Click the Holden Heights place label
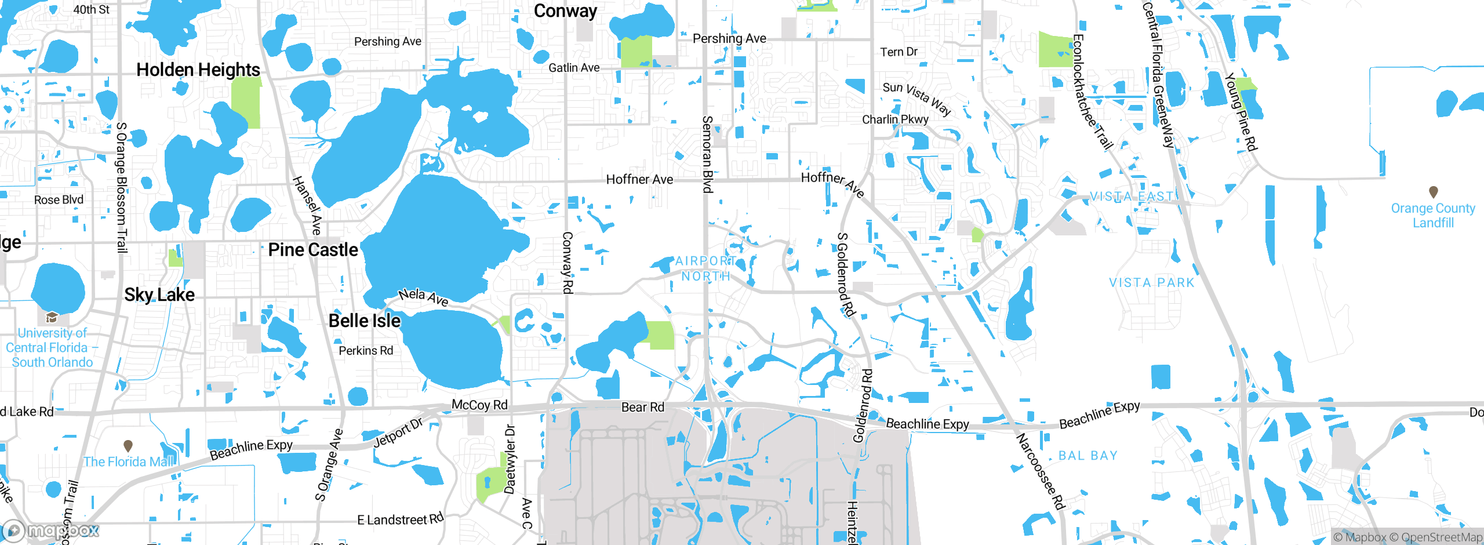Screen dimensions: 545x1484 (x=198, y=70)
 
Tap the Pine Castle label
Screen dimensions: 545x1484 (x=313, y=250)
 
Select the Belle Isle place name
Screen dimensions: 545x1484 (x=365, y=321)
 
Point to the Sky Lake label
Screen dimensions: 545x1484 (x=159, y=295)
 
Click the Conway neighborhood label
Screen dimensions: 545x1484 (x=565, y=11)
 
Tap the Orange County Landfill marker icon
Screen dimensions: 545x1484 (x=1434, y=191)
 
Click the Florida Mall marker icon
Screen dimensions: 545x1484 (x=128, y=445)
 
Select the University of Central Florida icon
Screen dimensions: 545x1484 (x=52, y=317)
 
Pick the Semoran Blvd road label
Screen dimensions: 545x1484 (x=707, y=154)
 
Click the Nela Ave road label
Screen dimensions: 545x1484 (x=424, y=297)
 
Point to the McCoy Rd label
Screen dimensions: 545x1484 (x=479, y=405)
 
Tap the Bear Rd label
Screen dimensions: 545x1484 (x=642, y=407)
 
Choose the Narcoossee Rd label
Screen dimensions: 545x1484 (x=1041, y=471)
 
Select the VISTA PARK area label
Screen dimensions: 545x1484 (x=1152, y=283)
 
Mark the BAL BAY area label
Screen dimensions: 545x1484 (x=1088, y=456)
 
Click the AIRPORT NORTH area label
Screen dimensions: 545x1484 (x=705, y=268)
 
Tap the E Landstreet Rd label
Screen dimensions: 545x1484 (x=401, y=519)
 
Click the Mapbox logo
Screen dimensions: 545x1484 (x=51, y=531)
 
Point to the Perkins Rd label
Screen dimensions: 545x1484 (x=366, y=351)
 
